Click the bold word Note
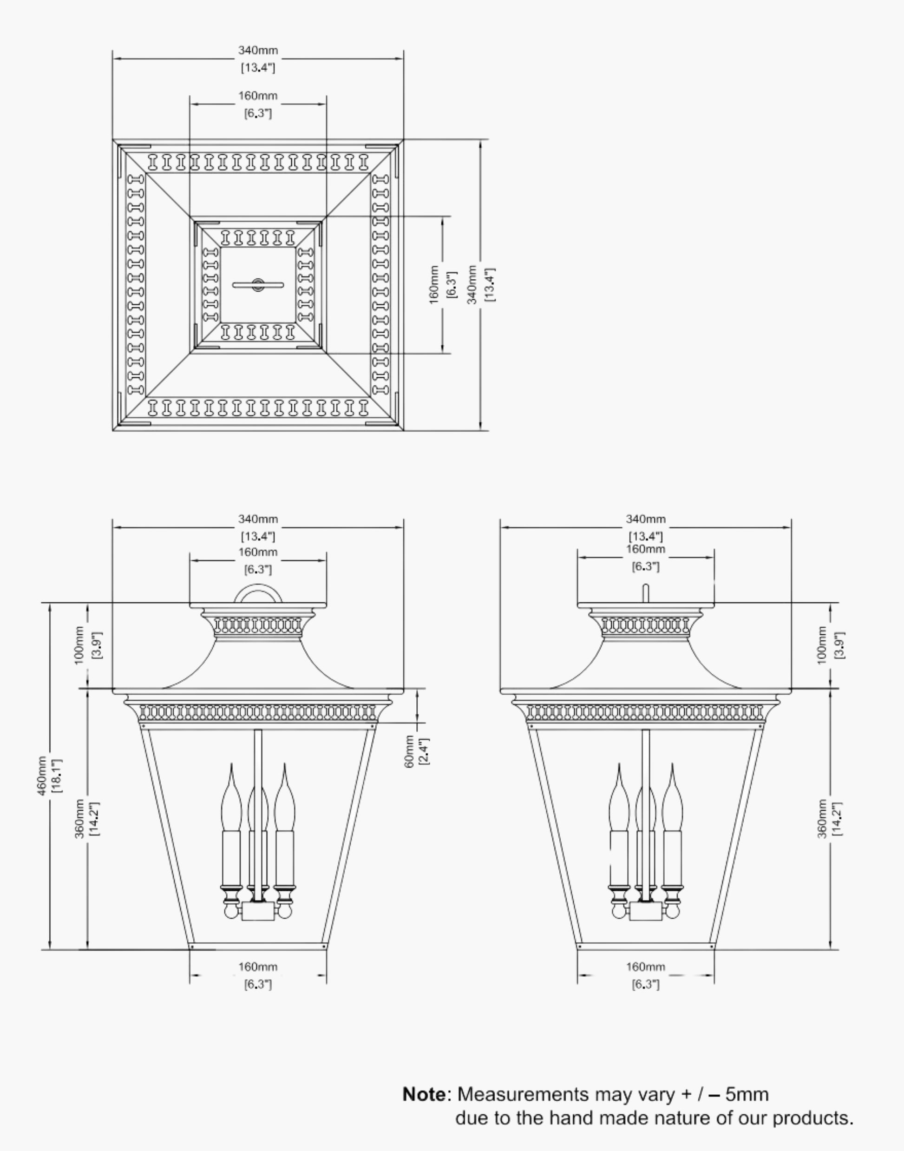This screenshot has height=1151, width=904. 424,1094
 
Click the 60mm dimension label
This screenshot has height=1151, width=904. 410,751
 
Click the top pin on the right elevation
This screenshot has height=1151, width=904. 645,593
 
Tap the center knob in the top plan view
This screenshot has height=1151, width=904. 258,285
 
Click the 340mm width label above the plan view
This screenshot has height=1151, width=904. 258,50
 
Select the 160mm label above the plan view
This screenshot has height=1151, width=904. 258,96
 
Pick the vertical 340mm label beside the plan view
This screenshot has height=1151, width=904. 472,285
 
